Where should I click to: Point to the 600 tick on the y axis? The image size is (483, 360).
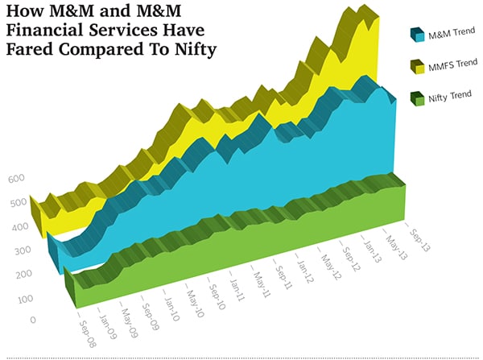pos(18,180)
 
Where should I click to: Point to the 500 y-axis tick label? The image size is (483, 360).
pos(18,204)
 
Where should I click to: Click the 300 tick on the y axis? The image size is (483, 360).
pos(18,251)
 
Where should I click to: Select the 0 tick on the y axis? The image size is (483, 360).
pos(31,321)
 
